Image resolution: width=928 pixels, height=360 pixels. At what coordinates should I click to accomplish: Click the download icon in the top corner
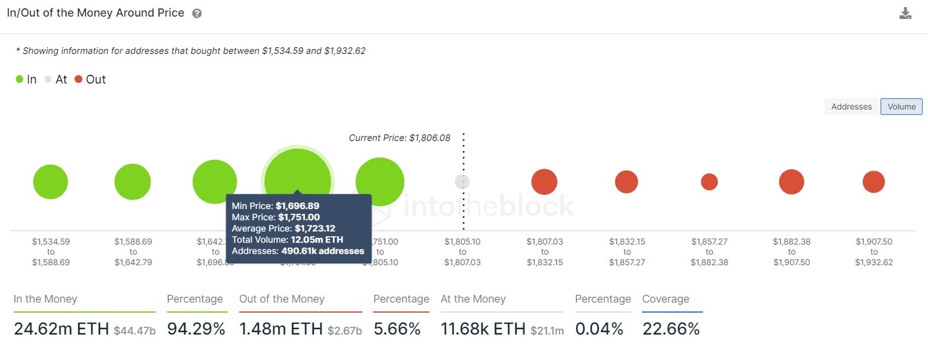pos(905,13)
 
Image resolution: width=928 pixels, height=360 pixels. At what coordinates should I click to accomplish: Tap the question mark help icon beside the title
pos(197,13)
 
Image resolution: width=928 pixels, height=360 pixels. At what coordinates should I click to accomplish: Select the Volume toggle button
pos(901,106)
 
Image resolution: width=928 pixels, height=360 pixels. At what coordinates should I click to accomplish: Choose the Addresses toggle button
pos(851,106)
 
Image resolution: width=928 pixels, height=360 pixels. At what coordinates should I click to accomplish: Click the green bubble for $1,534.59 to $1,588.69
pos(51,182)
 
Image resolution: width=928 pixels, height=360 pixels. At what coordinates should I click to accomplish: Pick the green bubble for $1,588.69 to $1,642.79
pos(132,182)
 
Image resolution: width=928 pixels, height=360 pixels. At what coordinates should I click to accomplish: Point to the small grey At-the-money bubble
pos(462,182)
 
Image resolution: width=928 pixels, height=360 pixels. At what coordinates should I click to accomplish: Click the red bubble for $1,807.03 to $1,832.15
pos(544,182)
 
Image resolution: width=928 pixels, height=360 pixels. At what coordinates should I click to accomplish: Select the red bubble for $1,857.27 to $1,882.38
pos(709,182)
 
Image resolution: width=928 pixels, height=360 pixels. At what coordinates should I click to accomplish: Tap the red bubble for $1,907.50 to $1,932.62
pos(874,182)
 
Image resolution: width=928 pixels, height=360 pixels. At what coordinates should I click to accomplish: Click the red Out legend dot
pos(79,79)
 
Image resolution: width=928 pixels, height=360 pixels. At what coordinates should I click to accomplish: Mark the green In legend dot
pos(20,79)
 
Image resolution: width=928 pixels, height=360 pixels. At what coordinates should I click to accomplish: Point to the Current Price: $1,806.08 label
pos(399,138)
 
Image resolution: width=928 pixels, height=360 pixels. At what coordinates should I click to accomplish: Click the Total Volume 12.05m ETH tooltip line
pos(288,240)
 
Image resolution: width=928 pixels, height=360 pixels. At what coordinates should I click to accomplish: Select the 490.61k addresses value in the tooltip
pos(323,251)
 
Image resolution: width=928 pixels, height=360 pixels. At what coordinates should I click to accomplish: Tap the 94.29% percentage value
pos(196,329)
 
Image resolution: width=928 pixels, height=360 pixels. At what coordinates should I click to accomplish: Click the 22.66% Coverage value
pos(671,329)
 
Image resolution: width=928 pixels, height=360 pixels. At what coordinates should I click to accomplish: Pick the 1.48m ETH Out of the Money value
pos(281,329)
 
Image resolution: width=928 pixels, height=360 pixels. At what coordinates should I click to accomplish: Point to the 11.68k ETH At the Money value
pos(483,329)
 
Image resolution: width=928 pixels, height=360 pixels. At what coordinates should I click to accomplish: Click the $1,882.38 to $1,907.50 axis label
pos(791,252)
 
